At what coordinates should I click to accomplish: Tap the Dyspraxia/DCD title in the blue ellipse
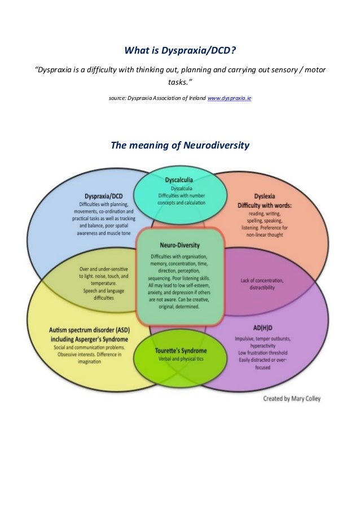click(x=103, y=195)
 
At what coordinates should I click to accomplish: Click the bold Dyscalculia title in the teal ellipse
click(x=182, y=181)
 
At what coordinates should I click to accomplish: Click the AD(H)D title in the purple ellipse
click(x=257, y=326)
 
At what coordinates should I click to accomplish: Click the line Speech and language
click(x=100, y=292)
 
